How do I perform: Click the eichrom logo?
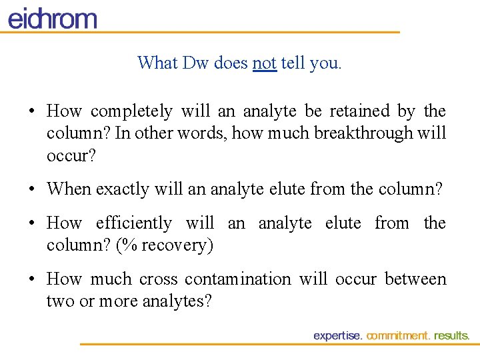52,18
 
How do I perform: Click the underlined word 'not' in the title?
265,63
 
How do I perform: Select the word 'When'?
69,189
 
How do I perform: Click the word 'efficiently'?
133,223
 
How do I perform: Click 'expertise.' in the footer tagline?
338,336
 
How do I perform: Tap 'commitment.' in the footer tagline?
399,336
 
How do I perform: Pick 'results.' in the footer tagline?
452,336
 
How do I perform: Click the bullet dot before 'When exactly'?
32,190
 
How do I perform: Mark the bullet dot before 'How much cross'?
32,280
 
